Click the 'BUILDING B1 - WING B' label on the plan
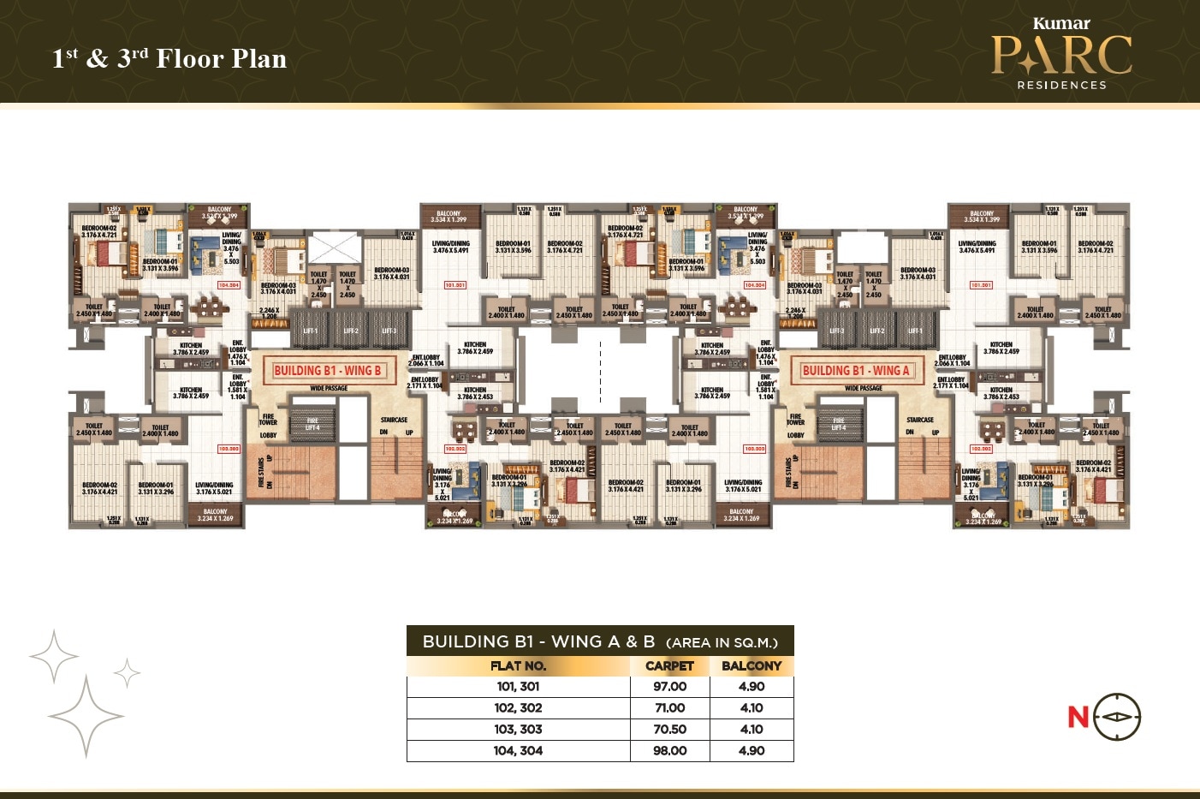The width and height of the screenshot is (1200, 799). click(328, 371)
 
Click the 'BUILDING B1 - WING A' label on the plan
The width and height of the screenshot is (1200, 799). click(856, 371)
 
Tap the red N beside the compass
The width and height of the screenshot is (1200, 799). click(1078, 717)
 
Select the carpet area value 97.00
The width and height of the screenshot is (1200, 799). click(669, 687)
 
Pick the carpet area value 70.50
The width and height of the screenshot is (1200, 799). click(669, 730)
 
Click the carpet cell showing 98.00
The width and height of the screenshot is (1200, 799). click(669, 751)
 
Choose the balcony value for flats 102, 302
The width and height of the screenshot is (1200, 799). click(751, 708)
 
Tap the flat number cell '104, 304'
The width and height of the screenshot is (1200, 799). click(518, 751)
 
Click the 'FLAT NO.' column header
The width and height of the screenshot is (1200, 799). click(518, 666)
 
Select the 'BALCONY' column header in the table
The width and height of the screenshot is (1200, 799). click(751, 666)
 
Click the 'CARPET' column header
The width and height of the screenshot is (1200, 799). click(669, 666)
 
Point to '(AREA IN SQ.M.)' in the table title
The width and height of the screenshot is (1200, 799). click(722, 642)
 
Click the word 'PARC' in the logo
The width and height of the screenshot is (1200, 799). click(1061, 56)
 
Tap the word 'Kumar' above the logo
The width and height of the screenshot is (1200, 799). click(1061, 23)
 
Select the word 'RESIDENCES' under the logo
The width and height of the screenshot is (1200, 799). click(1061, 85)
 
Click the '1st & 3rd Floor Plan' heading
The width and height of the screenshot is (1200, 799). click(169, 58)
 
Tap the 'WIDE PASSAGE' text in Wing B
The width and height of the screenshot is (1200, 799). click(329, 389)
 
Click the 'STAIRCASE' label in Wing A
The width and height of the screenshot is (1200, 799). click(920, 420)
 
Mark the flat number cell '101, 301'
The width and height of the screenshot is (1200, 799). click(518, 687)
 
